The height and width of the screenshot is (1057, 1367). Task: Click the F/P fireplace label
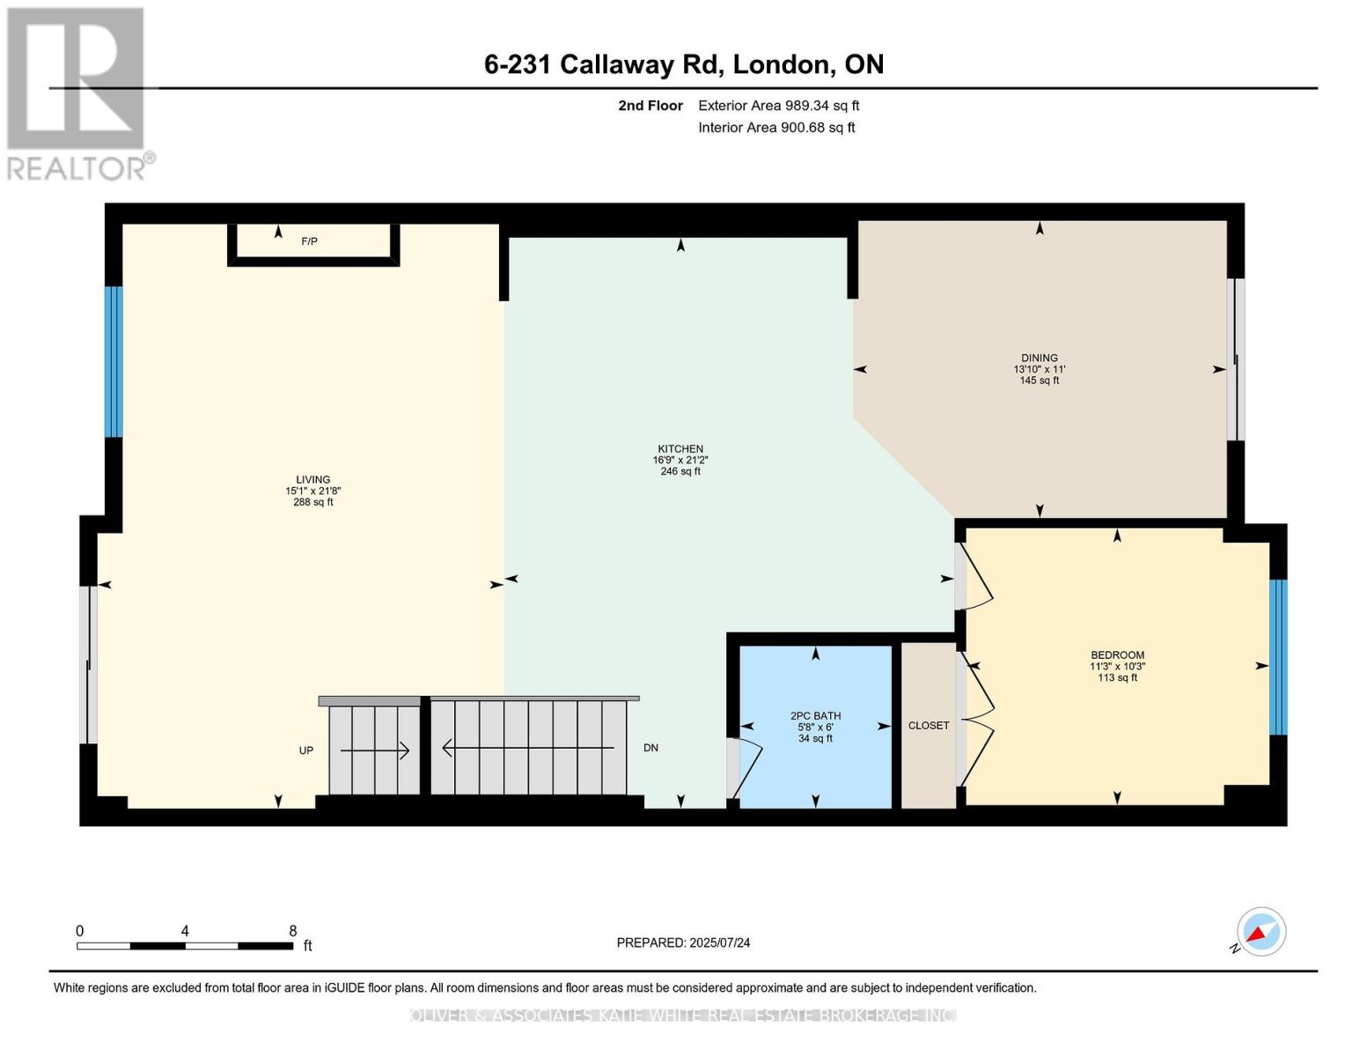(309, 241)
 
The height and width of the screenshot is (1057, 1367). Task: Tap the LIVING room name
(313, 480)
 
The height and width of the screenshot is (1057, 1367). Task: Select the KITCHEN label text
(680, 449)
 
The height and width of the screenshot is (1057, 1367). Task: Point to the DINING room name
(1040, 358)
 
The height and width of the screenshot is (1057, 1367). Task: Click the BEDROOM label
(1117, 655)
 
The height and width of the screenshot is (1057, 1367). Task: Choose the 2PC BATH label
(815, 716)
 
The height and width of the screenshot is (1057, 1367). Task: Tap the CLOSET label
(929, 726)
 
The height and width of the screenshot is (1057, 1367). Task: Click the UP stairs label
(306, 750)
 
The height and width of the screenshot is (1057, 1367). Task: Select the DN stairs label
(650, 748)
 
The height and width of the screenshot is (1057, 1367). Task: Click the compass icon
(1260, 932)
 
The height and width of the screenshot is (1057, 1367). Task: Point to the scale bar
(185, 945)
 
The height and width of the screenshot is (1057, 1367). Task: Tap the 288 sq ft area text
(313, 502)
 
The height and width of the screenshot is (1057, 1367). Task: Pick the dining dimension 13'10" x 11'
(1040, 370)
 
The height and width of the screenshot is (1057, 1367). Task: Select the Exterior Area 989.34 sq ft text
(778, 106)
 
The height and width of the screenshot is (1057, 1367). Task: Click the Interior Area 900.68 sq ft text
(776, 128)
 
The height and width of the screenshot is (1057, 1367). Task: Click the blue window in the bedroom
(1278, 657)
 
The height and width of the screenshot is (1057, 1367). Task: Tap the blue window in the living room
(114, 362)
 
